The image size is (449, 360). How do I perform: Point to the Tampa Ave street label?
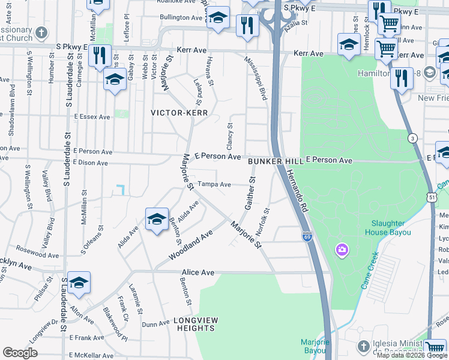(214, 185)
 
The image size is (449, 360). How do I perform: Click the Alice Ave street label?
(197, 272)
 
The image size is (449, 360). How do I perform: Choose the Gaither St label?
(250, 193)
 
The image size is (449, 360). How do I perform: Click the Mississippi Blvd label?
(255, 79)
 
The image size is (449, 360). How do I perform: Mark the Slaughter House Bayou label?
(387, 227)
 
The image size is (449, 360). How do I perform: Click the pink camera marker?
(343, 249)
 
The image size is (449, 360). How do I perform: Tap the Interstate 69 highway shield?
(307, 236)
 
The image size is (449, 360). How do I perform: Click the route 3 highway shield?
(412, 139)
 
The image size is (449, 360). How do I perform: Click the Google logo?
(20, 352)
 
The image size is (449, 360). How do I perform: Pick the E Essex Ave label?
(92, 117)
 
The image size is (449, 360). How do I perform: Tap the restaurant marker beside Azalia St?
(247, 25)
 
